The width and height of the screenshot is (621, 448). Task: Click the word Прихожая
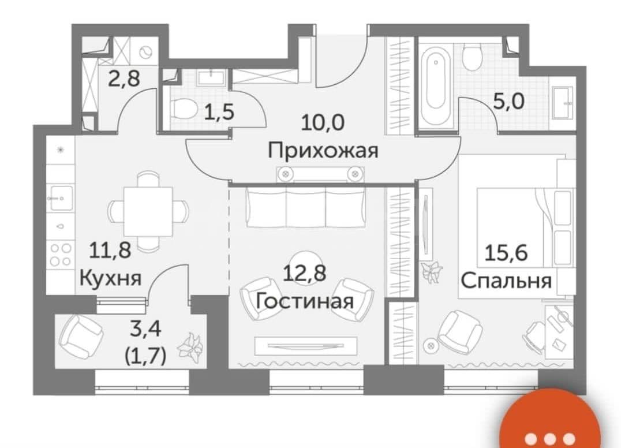pyautogui.click(x=323, y=151)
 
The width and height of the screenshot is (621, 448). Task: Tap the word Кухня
pyautogui.click(x=110, y=278)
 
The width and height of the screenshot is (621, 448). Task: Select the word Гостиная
pyautogui.click(x=305, y=301)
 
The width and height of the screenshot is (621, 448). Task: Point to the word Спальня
pyautogui.click(x=507, y=282)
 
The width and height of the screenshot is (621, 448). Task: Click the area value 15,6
pyautogui.click(x=506, y=252)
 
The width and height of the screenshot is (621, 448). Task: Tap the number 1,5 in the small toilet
pyautogui.click(x=219, y=112)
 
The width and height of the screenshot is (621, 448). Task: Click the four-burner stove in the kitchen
pyautogui.click(x=61, y=254)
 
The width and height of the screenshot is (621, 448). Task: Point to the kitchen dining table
pyautogui.click(x=148, y=211)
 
